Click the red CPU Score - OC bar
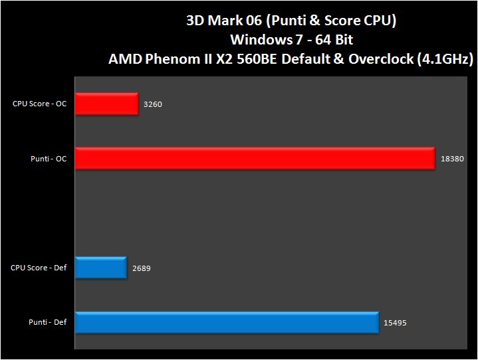(106, 104)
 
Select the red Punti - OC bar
(255, 159)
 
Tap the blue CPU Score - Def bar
(100, 268)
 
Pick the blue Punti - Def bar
(226, 323)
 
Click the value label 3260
(152, 104)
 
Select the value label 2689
(141, 268)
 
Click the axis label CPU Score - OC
(39, 104)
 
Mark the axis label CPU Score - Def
(39, 268)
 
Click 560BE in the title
(261, 59)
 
